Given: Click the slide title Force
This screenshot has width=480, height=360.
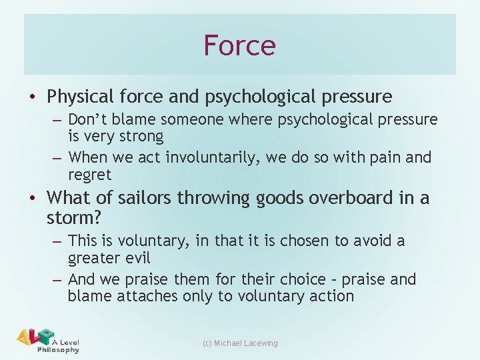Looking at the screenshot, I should click(239, 45).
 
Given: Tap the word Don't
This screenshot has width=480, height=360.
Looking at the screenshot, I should click(90, 120).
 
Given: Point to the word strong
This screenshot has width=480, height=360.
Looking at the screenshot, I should click(139, 137).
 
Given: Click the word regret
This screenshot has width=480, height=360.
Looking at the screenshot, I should click(89, 175).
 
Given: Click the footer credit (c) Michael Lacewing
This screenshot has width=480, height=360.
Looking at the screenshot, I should click(239, 343).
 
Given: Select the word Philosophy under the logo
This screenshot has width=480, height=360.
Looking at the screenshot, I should click(58, 350).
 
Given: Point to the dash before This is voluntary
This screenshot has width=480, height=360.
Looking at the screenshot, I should click(57, 241).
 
